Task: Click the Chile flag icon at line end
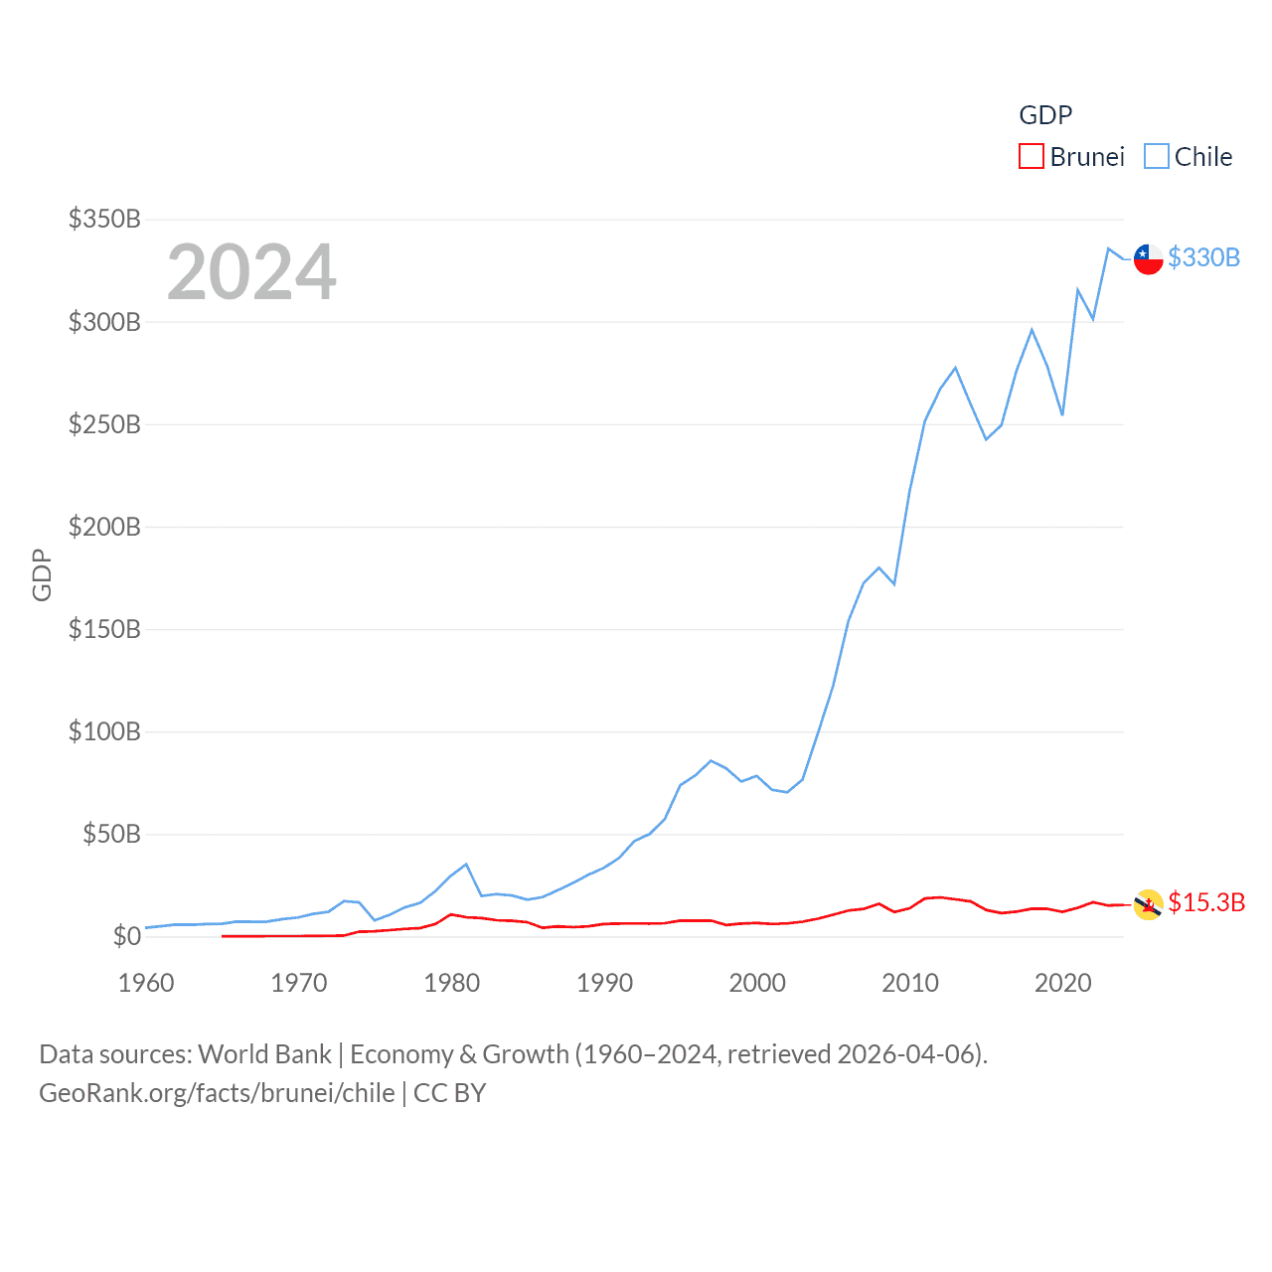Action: [1148, 258]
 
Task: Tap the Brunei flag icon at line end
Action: [1148, 904]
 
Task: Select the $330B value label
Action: [1203, 257]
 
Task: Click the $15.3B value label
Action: [1206, 902]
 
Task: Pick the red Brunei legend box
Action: [1032, 157]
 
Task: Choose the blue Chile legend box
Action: [1156, 157]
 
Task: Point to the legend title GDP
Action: [1045, 115]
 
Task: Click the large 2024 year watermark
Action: [251, 272]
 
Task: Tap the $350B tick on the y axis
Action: [104, 219]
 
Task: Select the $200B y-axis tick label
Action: [104, 527]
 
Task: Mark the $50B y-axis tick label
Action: [111, 834]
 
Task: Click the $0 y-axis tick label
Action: [127, 936]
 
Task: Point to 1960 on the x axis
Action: [146, 983]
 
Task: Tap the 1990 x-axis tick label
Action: [604, 983]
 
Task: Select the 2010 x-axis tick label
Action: [910, 983]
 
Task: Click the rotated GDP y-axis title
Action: [42, 574]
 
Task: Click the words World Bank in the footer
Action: [264, 1054]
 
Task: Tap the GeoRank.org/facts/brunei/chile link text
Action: [217, 1093]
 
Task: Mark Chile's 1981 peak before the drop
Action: [466, 865]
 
